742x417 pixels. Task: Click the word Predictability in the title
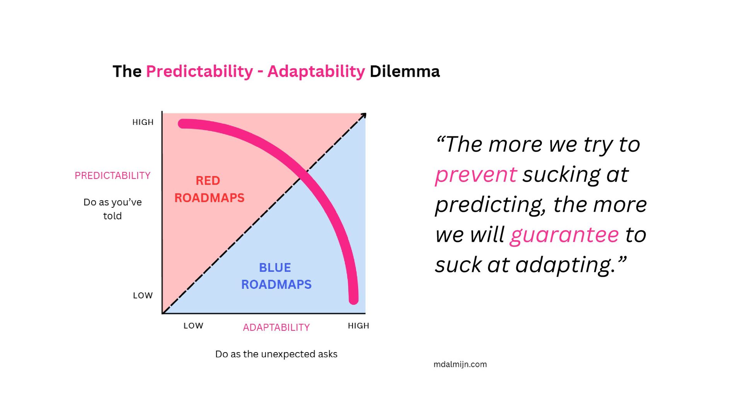[x=199, y=71]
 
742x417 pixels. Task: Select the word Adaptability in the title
[x=316, y=71]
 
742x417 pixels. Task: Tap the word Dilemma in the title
[x=405, y=71]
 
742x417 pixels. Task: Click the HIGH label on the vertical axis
[x=143, y=122]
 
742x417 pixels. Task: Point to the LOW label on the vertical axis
[x=143, y=296]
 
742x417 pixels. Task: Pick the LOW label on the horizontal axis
[x=193, y=326]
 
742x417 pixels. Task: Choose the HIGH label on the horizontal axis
[x=358, y=326]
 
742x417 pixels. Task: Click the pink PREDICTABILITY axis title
[x=112, y=176]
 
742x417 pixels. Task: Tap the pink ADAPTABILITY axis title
[x=276, y=327]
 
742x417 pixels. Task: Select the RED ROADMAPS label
[x=209, y=189]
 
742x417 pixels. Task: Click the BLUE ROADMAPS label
[x=276, y=276]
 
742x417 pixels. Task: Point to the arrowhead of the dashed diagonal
[x=363, y=115]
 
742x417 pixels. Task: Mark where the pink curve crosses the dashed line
[x=304, y=175]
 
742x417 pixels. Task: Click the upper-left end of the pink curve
[x=182, y=124]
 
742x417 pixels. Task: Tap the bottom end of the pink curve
[x=354, y=300]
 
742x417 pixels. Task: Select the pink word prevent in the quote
[x=476, y=175]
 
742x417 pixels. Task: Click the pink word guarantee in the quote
[x=564, y=235]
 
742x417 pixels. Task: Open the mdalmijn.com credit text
[x=460, y=364]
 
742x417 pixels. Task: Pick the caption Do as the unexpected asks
[x=276, y=354]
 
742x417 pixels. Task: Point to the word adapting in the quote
[x=565, y=265]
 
